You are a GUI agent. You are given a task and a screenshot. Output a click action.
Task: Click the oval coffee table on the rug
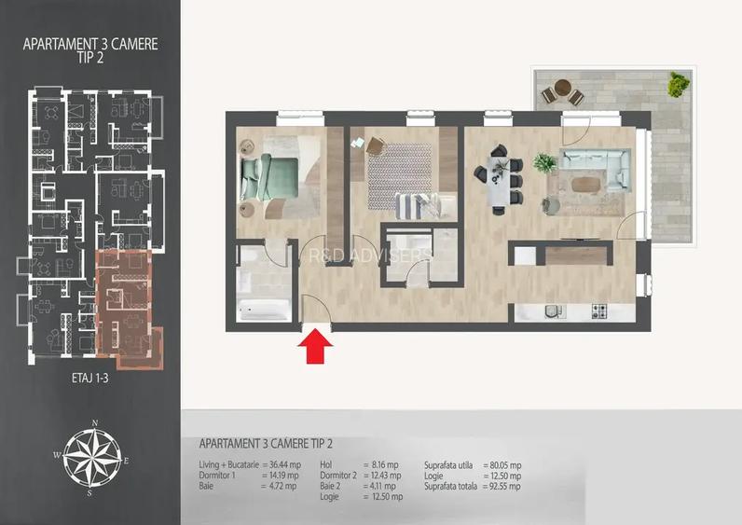pyautogui.click(x=585, y=183)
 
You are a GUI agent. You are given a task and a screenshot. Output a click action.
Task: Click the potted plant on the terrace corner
pyautogui.click(x=676, y=85)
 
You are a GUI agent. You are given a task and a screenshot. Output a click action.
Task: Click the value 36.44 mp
pyautogui.click(x=281, y=463)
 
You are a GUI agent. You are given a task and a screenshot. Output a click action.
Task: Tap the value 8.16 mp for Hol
pyautogui.click(x=379, y=463)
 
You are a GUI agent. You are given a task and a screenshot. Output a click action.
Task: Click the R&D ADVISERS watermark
pyautogui.click(x=370, y=254)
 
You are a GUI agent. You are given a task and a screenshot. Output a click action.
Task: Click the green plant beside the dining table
pyautogui.click(x=544, y=163)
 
